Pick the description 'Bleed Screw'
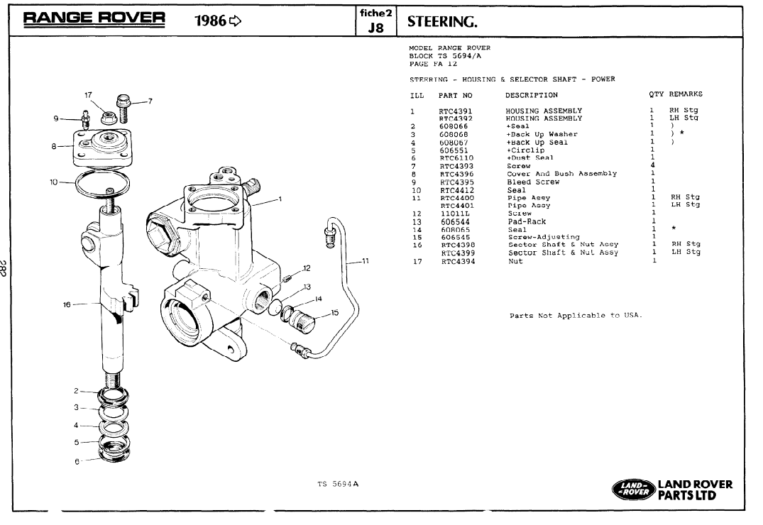532,182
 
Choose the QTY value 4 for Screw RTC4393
652,166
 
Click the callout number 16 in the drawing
67,304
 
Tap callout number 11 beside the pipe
366,261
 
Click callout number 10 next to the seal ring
54,182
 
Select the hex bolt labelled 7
123,103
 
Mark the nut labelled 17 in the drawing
110,116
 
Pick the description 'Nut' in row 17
515,261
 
